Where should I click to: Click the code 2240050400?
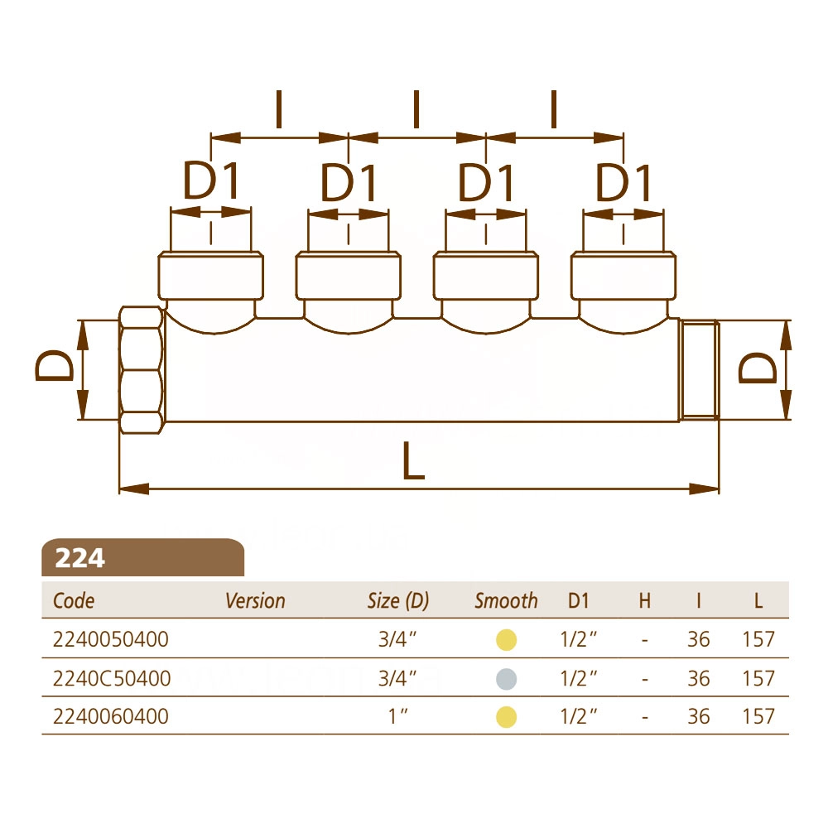coord(110,639)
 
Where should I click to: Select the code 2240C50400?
coord(112,679)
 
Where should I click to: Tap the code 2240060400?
coord(110,716)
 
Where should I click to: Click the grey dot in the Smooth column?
coord(506,679)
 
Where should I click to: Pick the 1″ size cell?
coord(398,716)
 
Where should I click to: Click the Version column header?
coord(255,601)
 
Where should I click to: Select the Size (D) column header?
coord(398,601)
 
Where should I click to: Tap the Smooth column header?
coord(506,601)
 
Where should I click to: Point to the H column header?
coord(645,601)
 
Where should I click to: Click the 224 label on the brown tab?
coord(79,558)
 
